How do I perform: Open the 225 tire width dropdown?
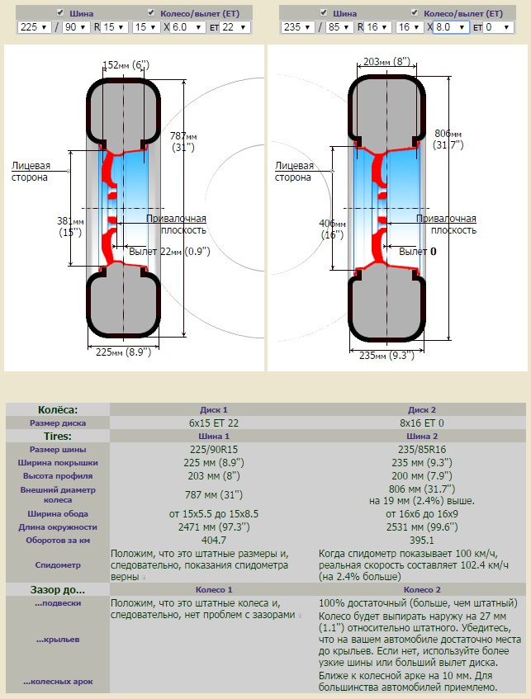[x=33, y=27]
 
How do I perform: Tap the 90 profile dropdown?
[x=76, y=27]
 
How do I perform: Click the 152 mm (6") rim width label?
[x=126, y=65]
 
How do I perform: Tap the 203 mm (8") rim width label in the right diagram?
[x=386, y=61]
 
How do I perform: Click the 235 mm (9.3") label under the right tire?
[x=386, y=356]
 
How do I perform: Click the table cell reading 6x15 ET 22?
[x=213, y=423]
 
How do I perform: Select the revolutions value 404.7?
[x=213, y=540]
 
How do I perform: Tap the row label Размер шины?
[x=58, y=449]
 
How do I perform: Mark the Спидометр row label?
[x=58, y=565]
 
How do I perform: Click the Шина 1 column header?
[x=213, y=436]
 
